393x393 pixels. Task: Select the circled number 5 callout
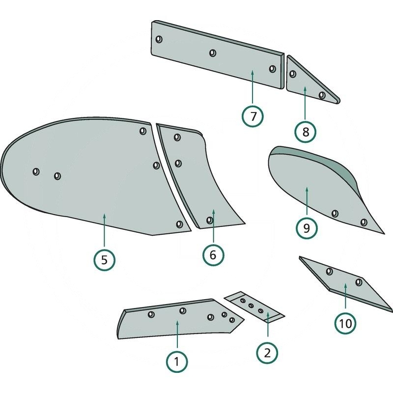105,259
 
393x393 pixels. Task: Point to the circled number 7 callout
253,116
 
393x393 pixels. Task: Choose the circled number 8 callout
306,132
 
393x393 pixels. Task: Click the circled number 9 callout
306,228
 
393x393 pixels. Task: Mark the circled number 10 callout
346,324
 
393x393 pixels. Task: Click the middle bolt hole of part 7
213,53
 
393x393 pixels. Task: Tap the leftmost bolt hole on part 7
159,39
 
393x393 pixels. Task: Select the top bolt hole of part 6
177,137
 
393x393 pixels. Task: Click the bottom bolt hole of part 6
210,220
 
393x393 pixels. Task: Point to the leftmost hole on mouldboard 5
36,171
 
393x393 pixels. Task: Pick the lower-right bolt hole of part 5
179,225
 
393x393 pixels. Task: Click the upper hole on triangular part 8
293,74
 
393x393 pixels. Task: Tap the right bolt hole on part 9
364,222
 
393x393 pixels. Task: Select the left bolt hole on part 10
329,271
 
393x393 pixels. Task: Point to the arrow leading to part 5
105,231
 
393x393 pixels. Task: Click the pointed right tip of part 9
384,233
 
